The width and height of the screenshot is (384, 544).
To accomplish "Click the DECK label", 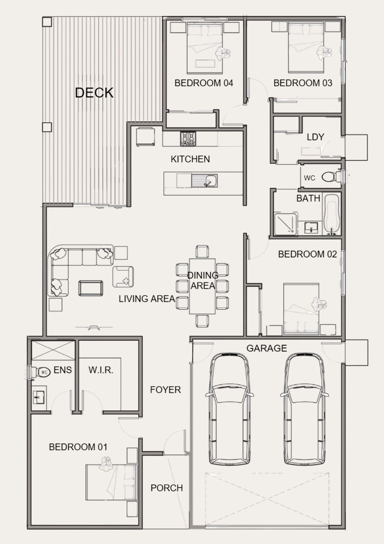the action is (94, 93).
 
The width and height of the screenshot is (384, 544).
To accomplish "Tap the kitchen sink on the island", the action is (204, 181).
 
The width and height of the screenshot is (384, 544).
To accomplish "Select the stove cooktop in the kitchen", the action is (188, 139).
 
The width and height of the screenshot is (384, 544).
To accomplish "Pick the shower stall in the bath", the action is (286, 224).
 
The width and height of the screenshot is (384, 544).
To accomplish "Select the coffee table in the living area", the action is (91, 288).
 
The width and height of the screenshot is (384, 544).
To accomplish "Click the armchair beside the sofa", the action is (123, 277).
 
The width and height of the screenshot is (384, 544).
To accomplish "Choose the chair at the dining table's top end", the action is (202, 251).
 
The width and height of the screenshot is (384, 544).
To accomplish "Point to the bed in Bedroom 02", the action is (301, 309).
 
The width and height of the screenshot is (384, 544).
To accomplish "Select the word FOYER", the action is (165, 390).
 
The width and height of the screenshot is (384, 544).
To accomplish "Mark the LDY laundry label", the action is (315, 137).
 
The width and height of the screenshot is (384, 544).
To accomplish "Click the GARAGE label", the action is (266, 348).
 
